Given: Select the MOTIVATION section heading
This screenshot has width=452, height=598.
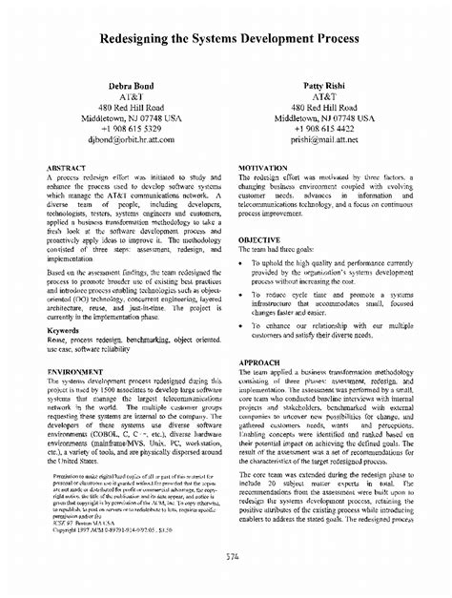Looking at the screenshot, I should click(x=265, y=167).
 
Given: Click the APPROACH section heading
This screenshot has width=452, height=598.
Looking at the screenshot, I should click(x=258, y=363).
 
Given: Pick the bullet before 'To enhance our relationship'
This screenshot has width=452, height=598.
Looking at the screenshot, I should click(x=243, y=326).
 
